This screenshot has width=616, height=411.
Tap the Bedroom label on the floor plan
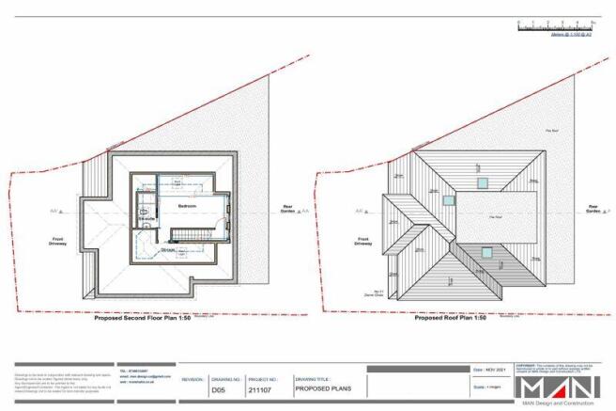point(186,203)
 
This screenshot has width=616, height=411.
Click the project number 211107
point(260,387)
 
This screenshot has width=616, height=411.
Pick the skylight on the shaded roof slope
point(486,250)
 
